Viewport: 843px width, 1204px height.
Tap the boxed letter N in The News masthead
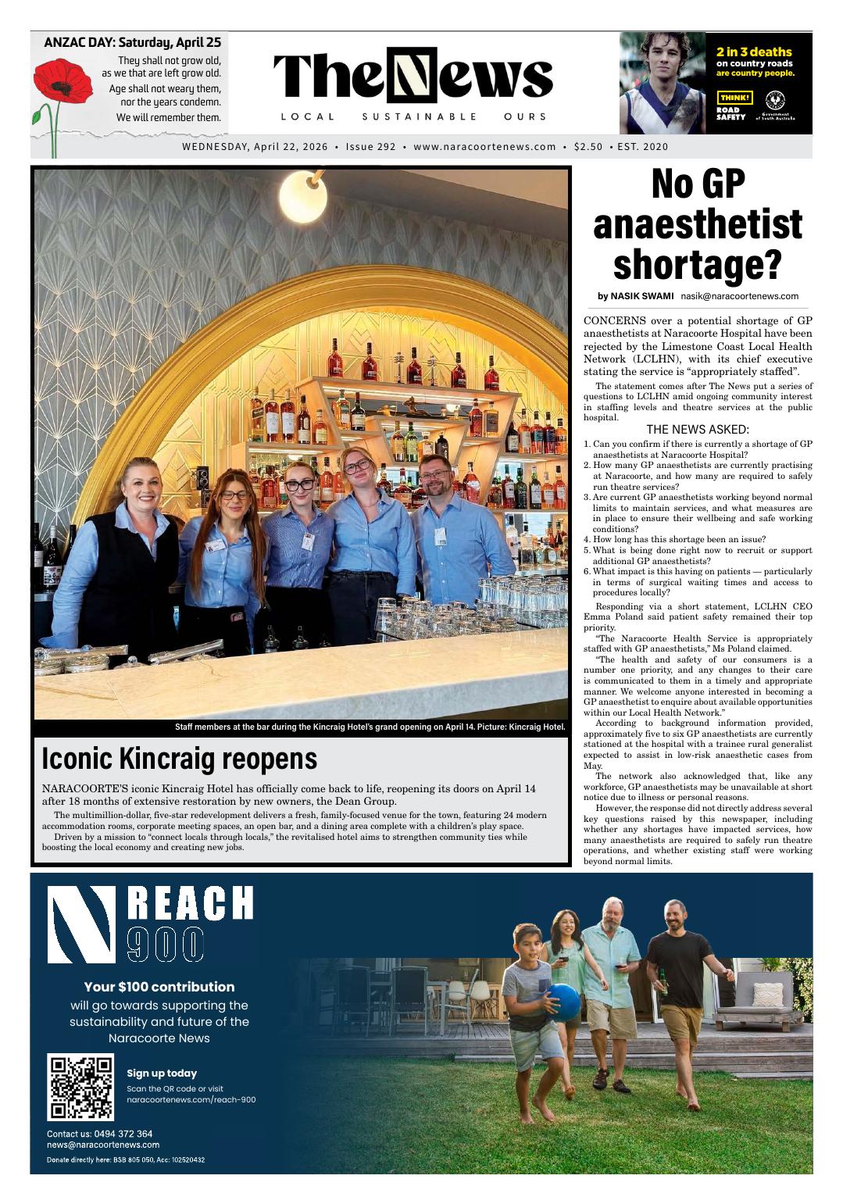(x=412, y=75)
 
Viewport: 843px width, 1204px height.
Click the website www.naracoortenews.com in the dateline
(x=484, y=146)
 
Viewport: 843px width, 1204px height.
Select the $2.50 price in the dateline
(x=588, y=146)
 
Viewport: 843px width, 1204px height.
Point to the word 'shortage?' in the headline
(x=697, y=264)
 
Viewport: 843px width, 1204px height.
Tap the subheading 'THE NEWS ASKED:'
(x=698, y=429)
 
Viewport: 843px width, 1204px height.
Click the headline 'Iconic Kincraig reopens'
(x=180, y=758)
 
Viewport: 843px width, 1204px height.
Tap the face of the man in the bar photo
(x=434, y=477)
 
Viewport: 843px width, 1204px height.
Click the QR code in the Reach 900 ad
(x=80, y=1088)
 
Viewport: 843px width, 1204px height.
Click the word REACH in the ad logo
(x=190, y=904)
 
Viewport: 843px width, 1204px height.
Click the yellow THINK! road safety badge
(x=735, y=98)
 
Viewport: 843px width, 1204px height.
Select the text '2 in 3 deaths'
(x=754, y=52)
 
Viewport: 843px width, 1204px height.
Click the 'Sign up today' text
(x=162, y=1073)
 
